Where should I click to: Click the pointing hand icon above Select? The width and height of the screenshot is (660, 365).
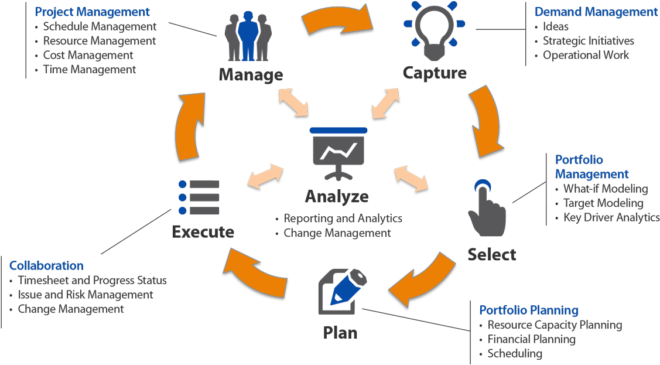[485, 209]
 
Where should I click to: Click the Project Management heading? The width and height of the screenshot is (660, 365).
[93, 12]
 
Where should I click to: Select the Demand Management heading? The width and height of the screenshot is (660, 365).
[596, 12]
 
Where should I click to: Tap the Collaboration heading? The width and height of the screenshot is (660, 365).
[46, 266]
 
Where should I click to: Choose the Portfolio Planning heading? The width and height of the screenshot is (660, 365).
[529, 310]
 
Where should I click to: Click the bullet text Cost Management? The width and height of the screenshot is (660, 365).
[88, 55]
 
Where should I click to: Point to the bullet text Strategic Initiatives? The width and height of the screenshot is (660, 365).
[589, 41]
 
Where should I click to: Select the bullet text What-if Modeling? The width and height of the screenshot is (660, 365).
[606, 189]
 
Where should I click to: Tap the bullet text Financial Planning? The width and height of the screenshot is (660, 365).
[532, 339]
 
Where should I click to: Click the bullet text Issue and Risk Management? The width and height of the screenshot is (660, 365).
[86, 295]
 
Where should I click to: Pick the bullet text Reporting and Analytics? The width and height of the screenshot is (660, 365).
[343, 219]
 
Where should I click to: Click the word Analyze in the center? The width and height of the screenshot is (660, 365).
[337, 196]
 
